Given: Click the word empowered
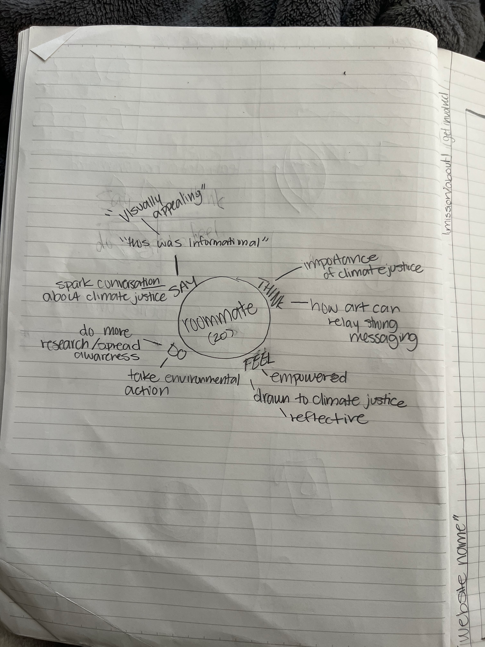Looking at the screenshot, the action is (308, 378).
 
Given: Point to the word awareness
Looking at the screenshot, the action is (106, 357).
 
